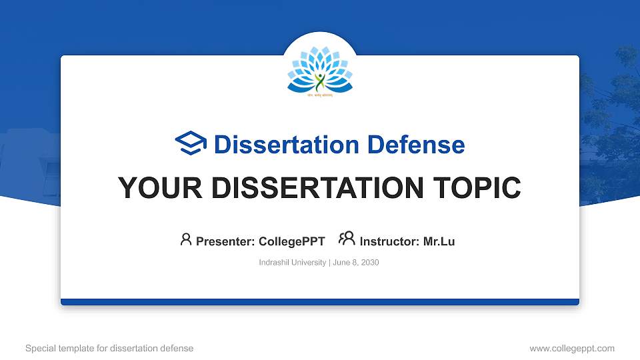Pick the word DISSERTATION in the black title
[x=315, y=188]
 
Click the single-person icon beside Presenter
[x=186, y=239]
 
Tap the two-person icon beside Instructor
[x=347, y=239]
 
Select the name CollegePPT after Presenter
[x=291, y=241]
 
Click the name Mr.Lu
[x=439, y=241]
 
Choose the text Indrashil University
[x=292, y=263]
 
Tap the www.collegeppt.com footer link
[x=571, y=348]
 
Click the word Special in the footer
[x=40, y=348]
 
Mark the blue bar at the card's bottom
[x=320, y=302]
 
